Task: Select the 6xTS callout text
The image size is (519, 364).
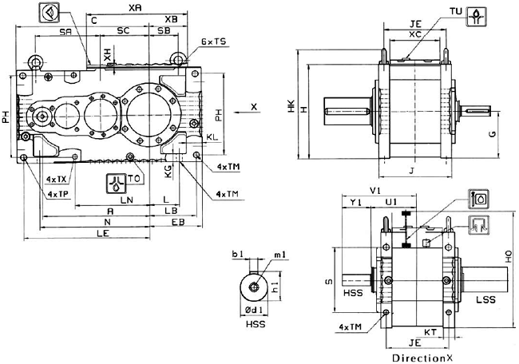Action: click(x=213, y=40)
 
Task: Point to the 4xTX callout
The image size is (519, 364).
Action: click(x=57, y=180)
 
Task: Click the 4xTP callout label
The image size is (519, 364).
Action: click(x=57, y=194)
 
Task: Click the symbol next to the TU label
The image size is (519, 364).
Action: click(x=477, y=15)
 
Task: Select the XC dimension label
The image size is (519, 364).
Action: click(x=415, y=34)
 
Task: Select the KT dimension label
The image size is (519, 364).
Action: click(x=428, y=329)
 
